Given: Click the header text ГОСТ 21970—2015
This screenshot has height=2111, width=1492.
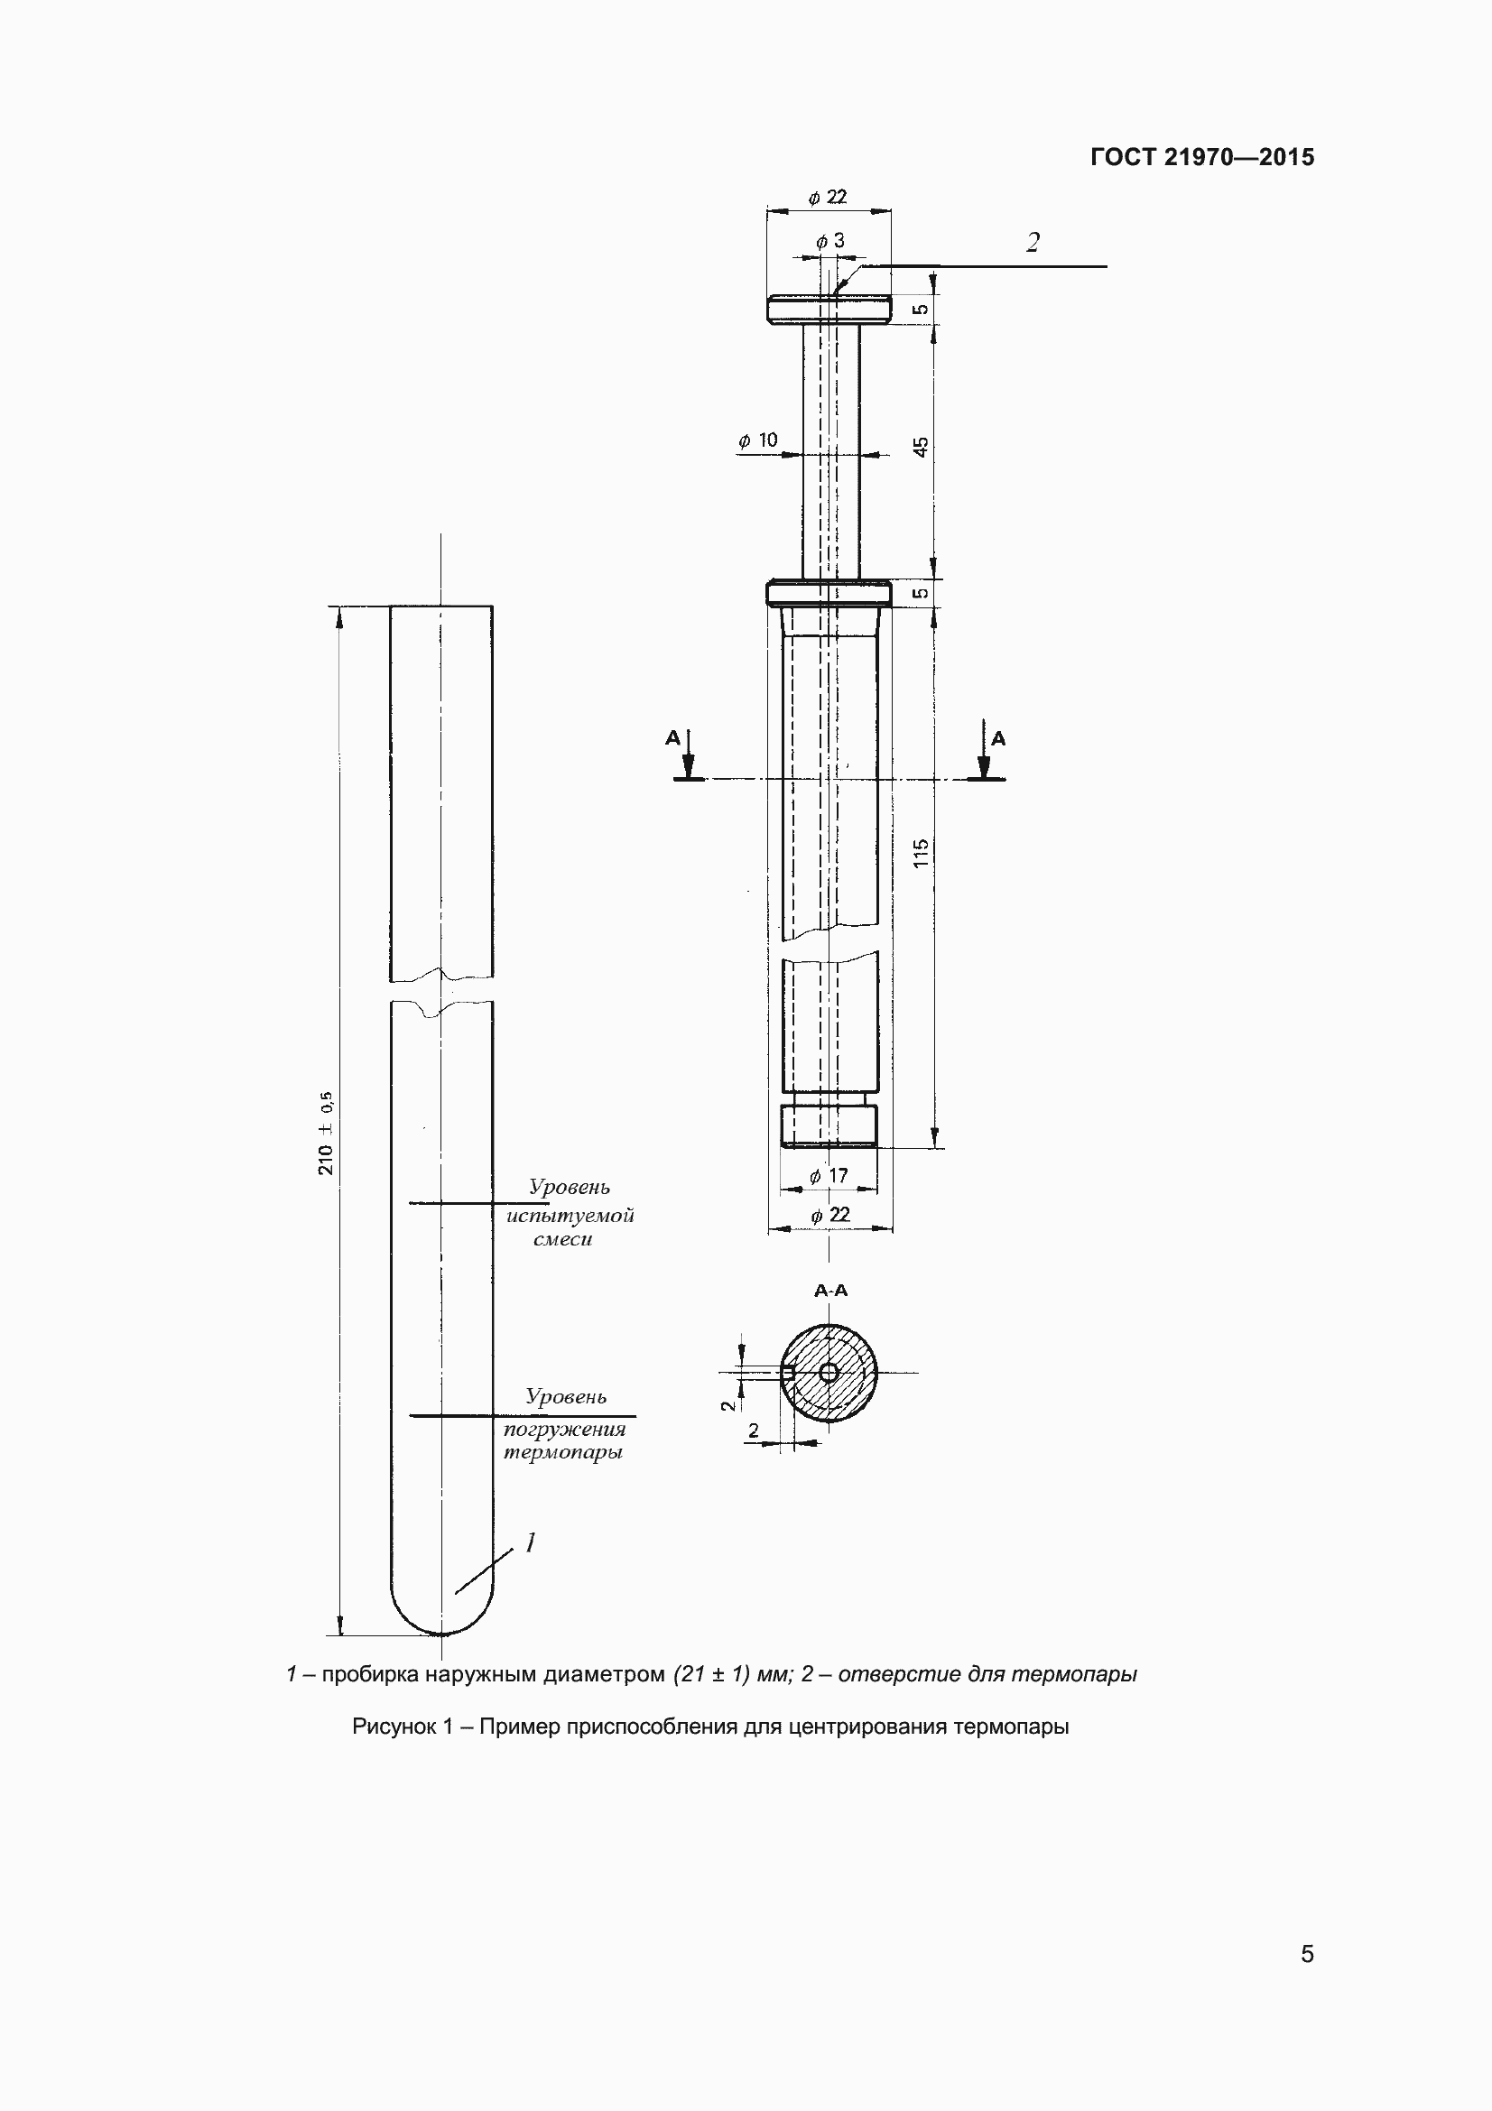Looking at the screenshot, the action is coord(1202,157).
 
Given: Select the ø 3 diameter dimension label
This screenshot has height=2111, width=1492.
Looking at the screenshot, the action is coord(830,241).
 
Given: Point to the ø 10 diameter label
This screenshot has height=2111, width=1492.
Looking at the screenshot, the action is coord(758,440).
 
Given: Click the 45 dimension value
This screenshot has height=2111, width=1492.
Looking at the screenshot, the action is coord(922,447).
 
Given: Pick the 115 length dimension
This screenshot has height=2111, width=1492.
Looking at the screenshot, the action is coord(922,852).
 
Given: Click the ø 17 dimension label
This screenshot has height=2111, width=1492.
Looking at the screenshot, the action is coord(829,1176).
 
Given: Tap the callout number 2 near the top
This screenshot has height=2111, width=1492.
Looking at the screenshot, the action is coord(1033,243).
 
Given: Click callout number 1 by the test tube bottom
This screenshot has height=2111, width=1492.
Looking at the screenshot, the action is coord(530,1542).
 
